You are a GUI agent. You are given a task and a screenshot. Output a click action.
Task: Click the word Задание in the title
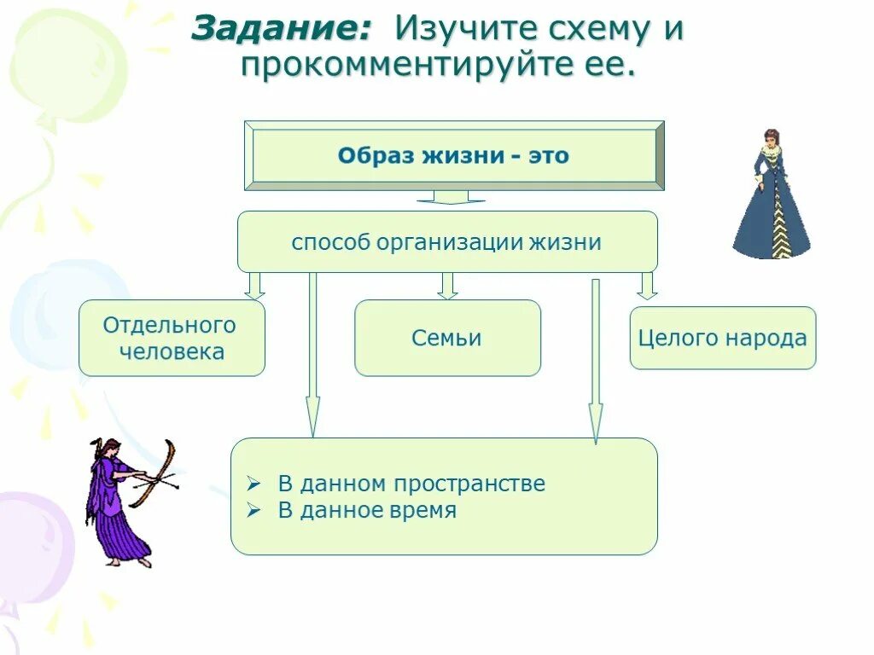pos(281,29)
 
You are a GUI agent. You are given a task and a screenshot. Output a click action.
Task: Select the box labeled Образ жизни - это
pos(453,156)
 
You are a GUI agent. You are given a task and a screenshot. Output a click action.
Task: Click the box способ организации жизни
pos(446,241)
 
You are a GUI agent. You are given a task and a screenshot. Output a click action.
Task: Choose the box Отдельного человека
pos(172,338)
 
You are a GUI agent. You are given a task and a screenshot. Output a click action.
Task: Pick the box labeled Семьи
pos(447,338)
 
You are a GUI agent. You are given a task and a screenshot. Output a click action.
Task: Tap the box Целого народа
pos(722,338)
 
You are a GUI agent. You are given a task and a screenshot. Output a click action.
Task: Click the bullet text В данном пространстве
pos(411,484)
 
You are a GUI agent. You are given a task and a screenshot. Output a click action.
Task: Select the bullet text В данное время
pos(367,510)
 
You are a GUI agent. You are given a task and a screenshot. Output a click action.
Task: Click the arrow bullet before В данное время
pos(253,511)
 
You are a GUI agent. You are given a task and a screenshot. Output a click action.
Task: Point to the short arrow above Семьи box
pos(447,286)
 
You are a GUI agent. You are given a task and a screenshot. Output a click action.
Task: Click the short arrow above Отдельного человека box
pos(254,286)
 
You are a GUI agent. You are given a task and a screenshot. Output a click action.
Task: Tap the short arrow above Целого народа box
pos(648,286)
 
